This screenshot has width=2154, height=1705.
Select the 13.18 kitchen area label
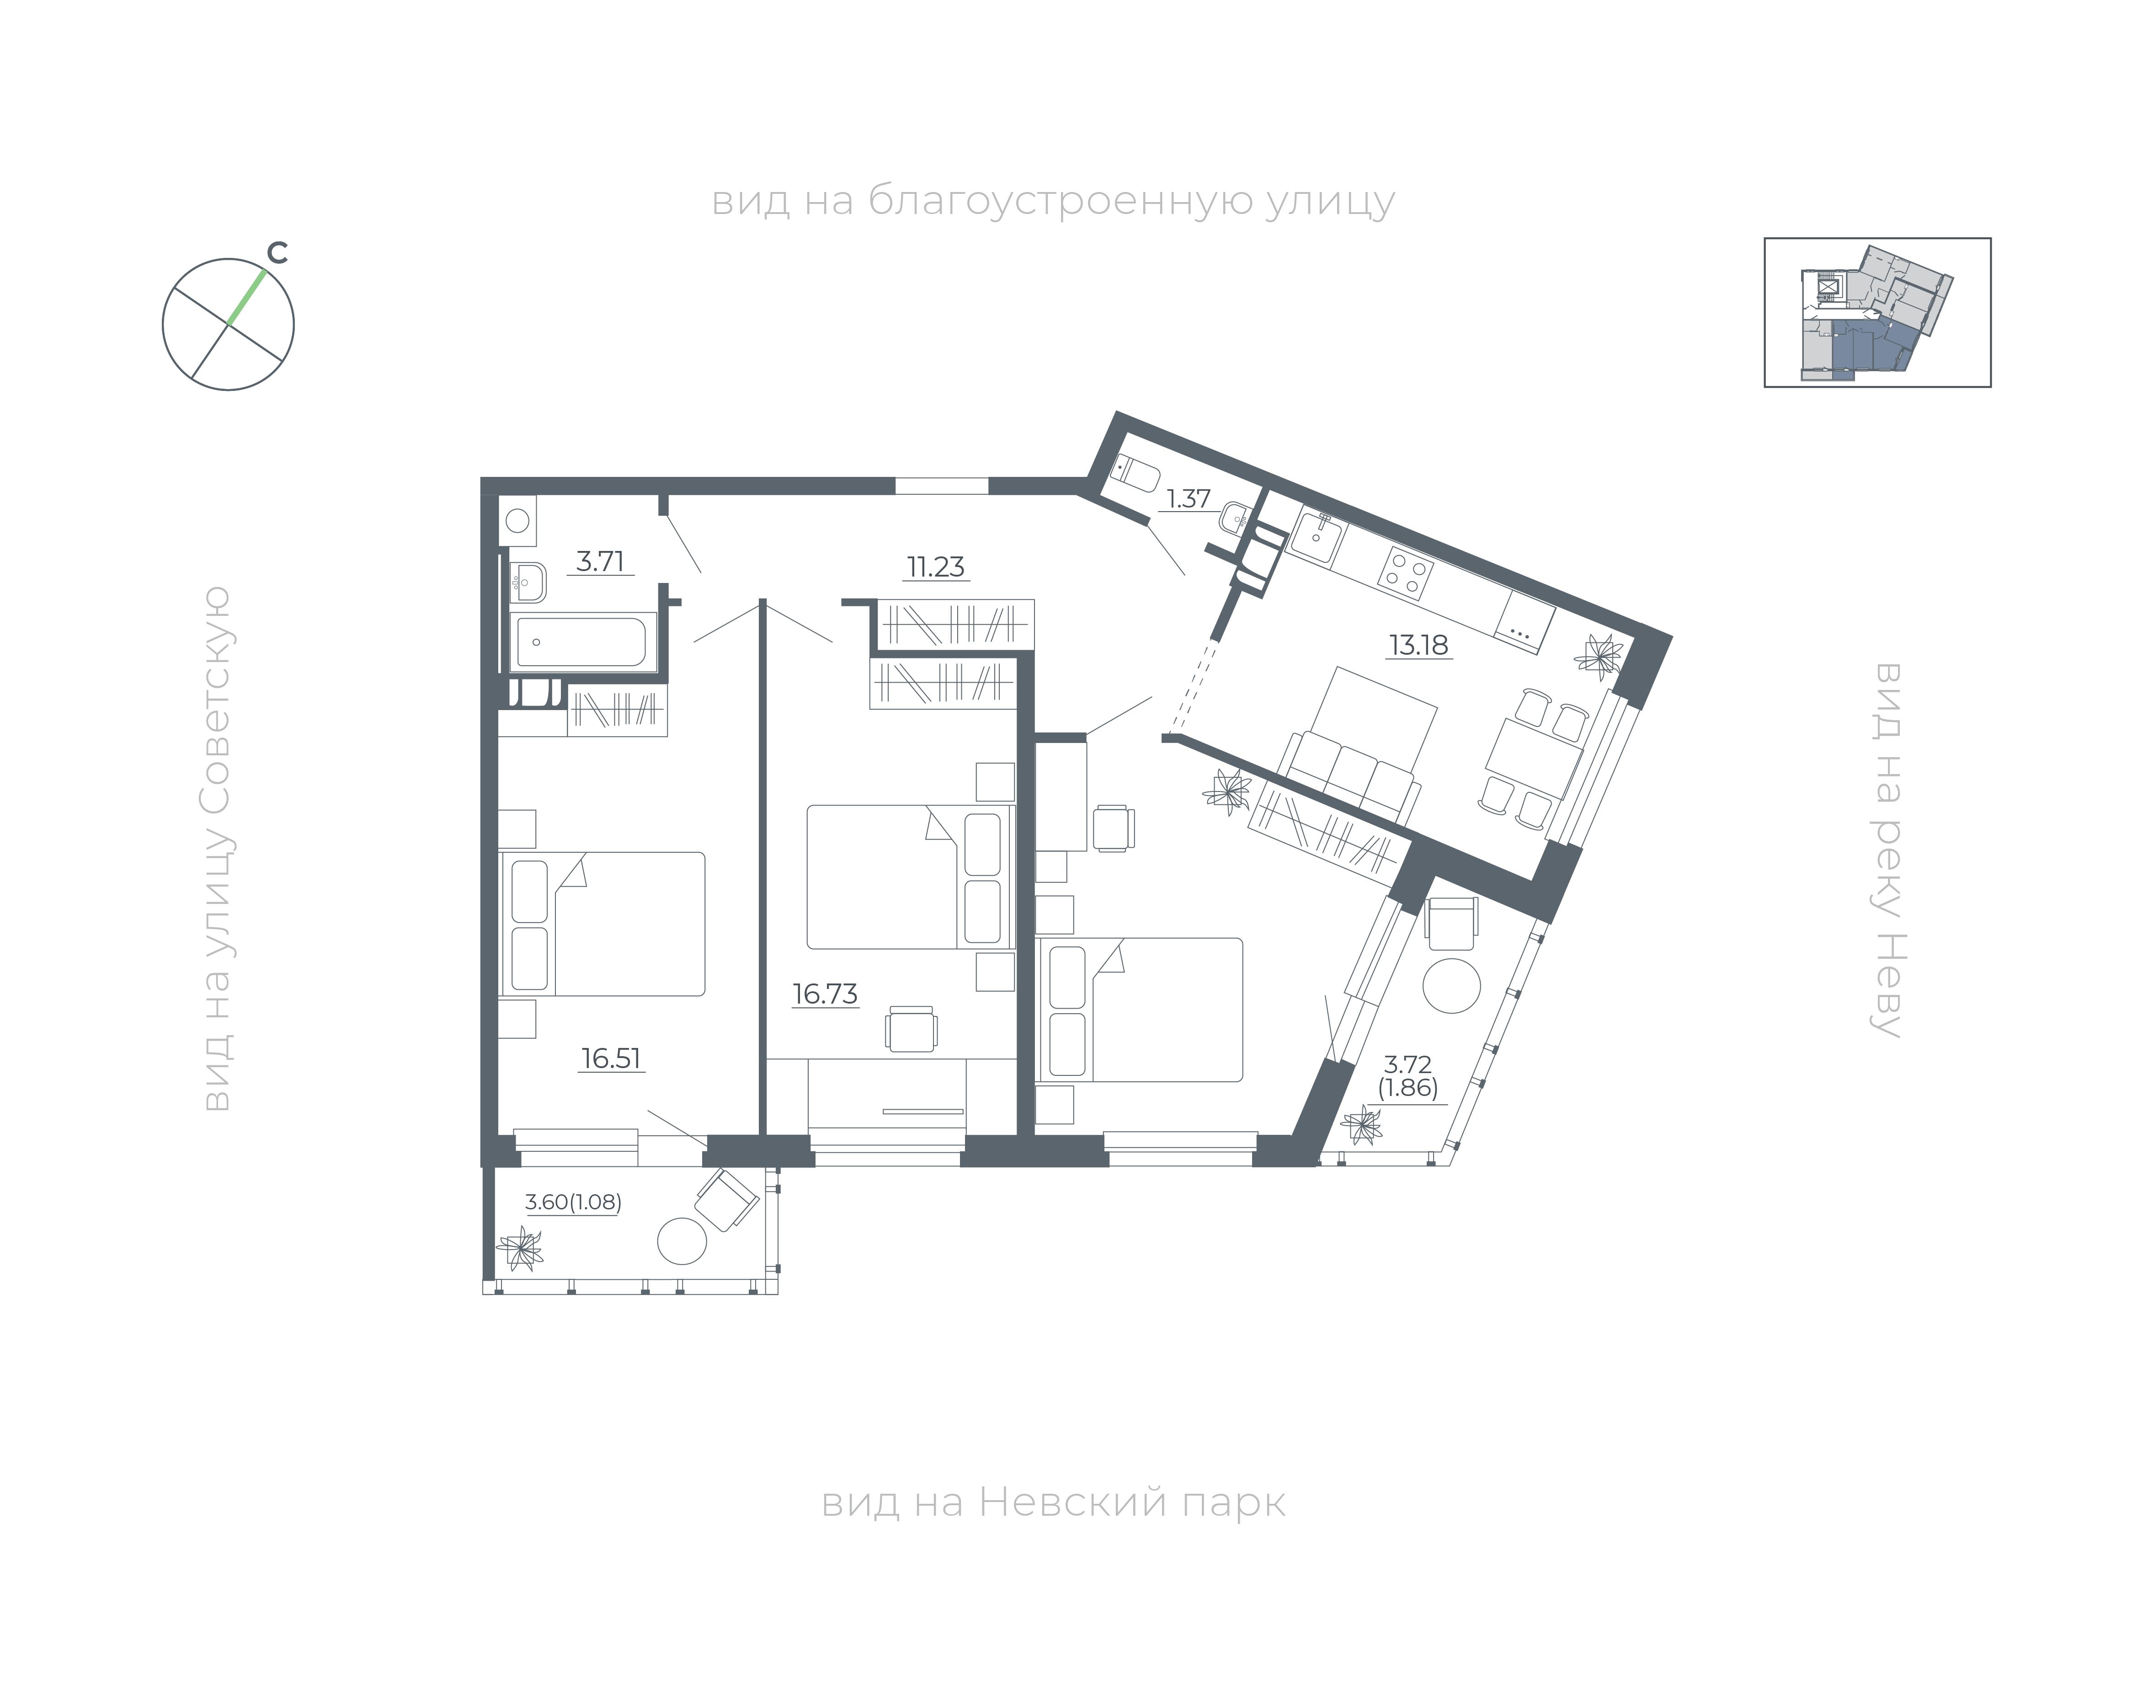[1418, 645]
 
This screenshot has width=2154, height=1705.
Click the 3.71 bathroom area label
[601, 561]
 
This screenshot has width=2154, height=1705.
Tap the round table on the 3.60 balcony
[683, 1241]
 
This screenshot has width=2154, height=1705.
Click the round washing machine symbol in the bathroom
[517, 520]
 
